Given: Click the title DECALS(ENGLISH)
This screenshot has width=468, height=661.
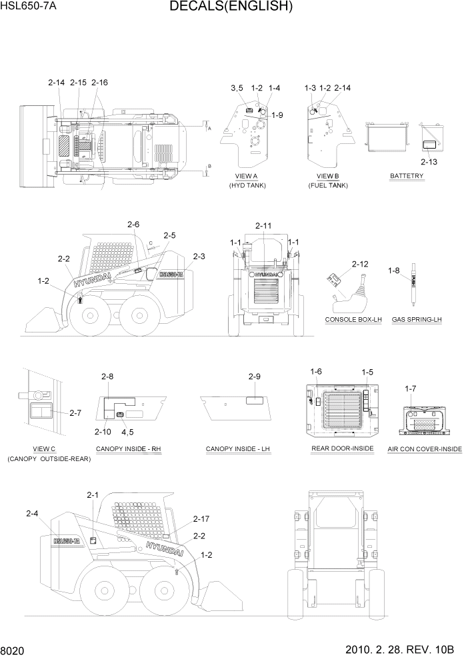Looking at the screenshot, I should point(231,7).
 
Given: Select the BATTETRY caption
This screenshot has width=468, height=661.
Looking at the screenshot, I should point(407,176).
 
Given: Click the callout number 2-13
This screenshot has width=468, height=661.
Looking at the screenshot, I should point(430,161).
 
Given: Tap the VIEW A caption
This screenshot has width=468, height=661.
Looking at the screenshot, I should point(246,176).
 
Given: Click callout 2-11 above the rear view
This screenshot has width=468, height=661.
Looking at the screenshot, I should point(264,227).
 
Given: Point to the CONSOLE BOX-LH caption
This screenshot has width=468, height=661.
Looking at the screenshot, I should point(353,320).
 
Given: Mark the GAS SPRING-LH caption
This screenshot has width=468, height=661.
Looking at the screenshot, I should point(417,320).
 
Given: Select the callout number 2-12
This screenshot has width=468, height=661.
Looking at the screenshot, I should point(360,264).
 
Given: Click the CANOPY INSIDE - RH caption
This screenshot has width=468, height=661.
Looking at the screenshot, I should point(129,449).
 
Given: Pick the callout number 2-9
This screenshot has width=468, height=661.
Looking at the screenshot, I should point(254,376).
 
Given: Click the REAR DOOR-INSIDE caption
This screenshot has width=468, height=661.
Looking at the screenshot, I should point(343,448).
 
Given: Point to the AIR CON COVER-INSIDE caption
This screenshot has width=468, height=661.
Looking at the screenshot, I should point(425,449).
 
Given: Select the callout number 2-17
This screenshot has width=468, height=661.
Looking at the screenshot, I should point(201,518).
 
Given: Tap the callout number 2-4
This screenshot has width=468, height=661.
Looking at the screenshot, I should point(32,513).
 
